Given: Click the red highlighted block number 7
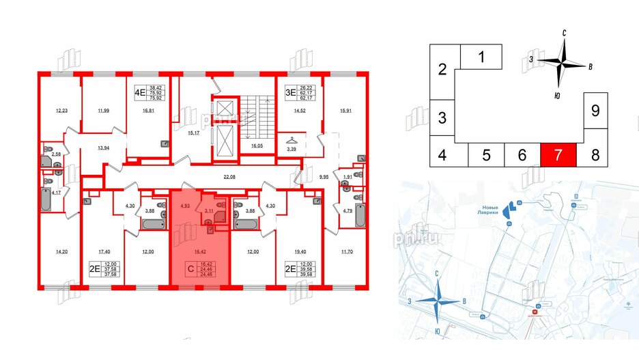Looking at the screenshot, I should [x=558, y=154].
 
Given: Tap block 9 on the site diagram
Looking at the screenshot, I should [x=595, y=110].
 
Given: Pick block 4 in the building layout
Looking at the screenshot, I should [x=442, y=154].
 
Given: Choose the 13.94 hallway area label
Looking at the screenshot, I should [x=104, y=148].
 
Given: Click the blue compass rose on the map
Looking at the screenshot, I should [x=439, y=302].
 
